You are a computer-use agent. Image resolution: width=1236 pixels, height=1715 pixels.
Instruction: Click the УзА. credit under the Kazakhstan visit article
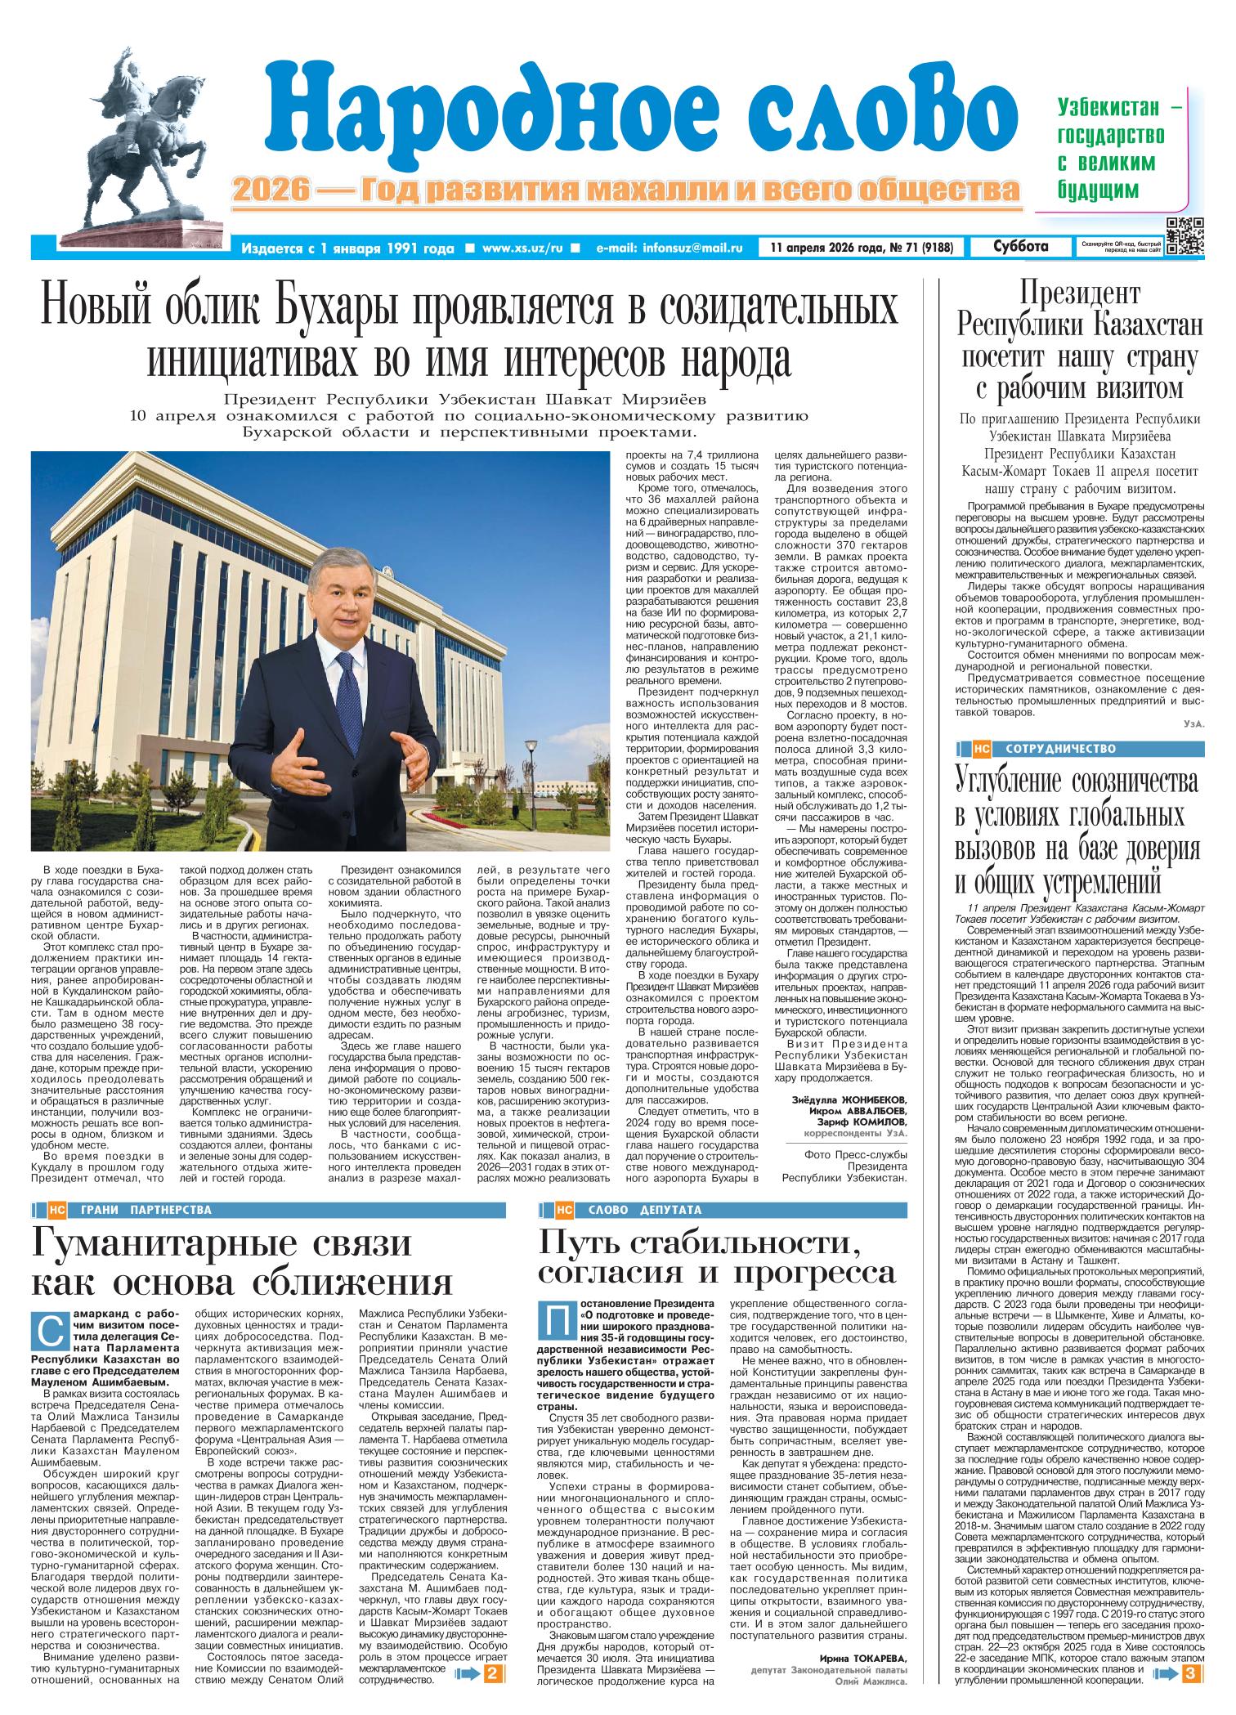(1193, 724)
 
